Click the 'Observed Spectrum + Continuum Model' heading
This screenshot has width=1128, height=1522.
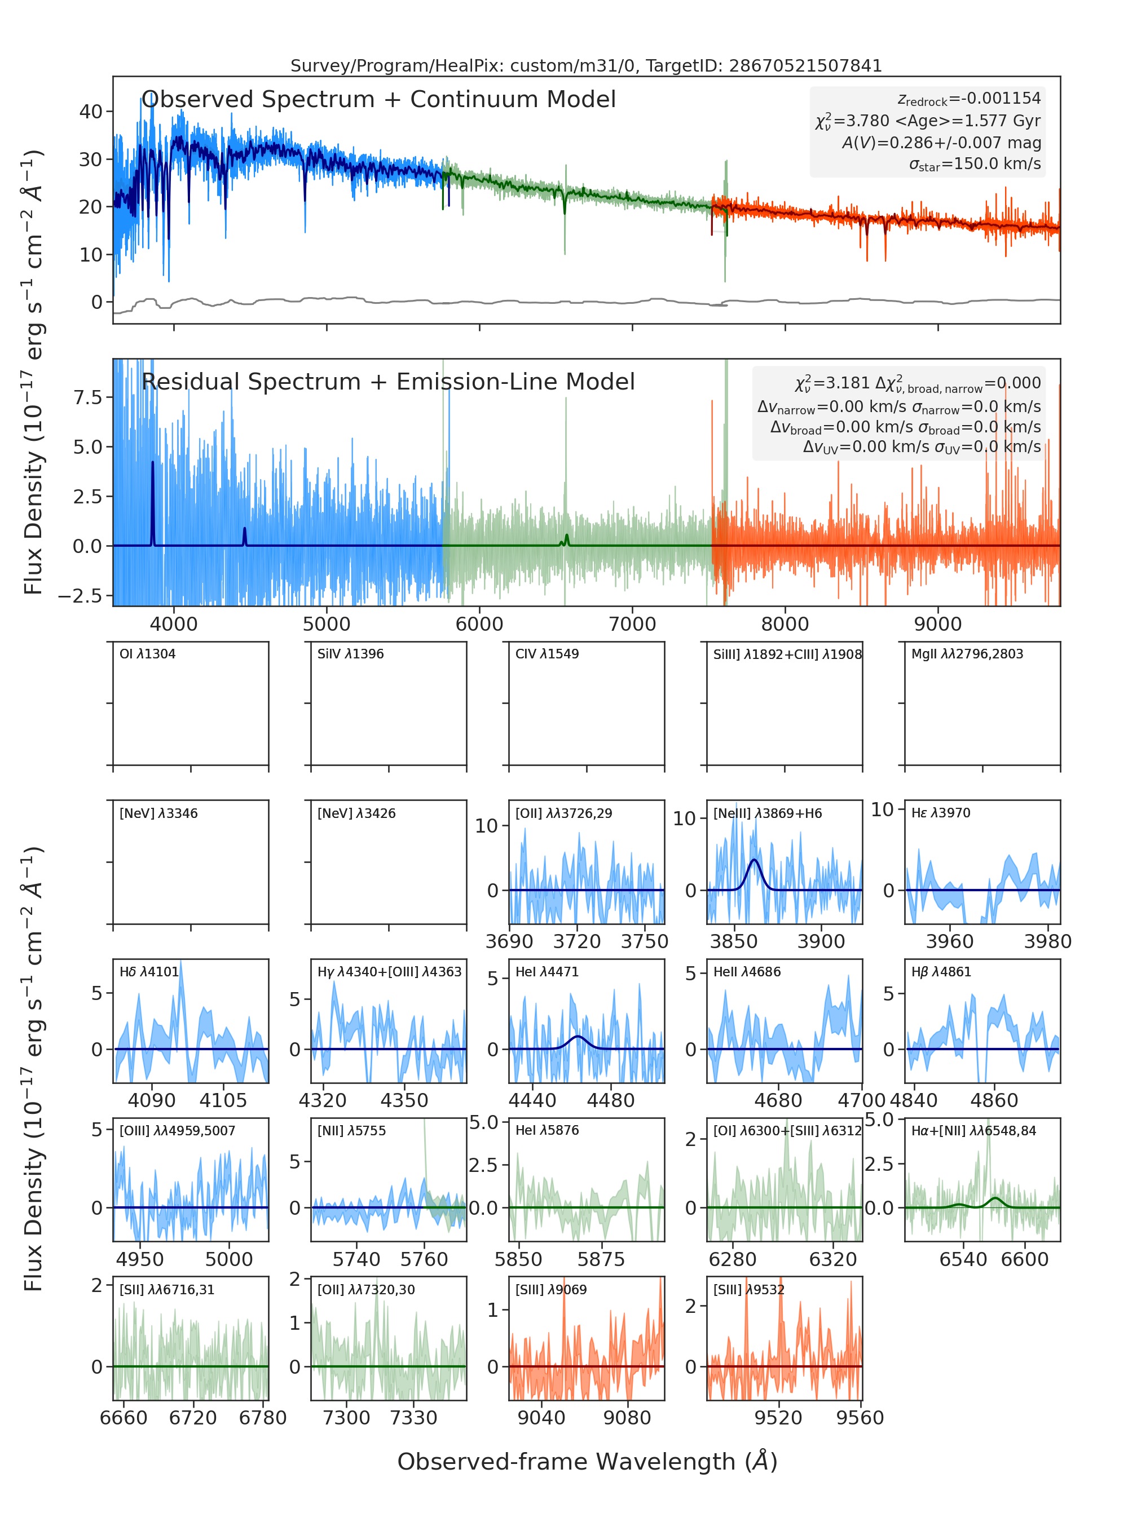[379, 100]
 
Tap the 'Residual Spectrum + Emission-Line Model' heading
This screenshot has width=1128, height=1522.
[389, 382]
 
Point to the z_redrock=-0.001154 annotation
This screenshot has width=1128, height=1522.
[969, 99]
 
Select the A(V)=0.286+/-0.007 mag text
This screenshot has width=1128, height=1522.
[941, 143]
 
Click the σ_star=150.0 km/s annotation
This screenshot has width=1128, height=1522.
[975, 165]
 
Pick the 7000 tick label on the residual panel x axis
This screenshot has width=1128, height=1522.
[632, 624]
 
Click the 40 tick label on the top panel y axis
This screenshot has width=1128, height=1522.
[91, 111]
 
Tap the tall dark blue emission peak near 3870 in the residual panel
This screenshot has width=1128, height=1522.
[152, 463]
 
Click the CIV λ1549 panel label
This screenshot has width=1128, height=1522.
[547, 654]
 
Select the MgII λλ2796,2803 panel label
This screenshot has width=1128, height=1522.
[967, 654]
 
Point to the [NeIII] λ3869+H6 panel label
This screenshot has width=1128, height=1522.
[768, 813]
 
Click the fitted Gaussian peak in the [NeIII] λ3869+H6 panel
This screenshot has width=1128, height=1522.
[754, 860]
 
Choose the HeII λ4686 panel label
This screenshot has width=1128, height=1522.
[747, 971]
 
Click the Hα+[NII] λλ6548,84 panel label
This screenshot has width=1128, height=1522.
[973, 1130]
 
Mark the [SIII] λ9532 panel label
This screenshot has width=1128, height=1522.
[749, 1289]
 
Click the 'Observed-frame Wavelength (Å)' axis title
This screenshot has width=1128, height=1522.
[587, 1461]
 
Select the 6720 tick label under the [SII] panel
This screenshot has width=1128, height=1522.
[193, 1418]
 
